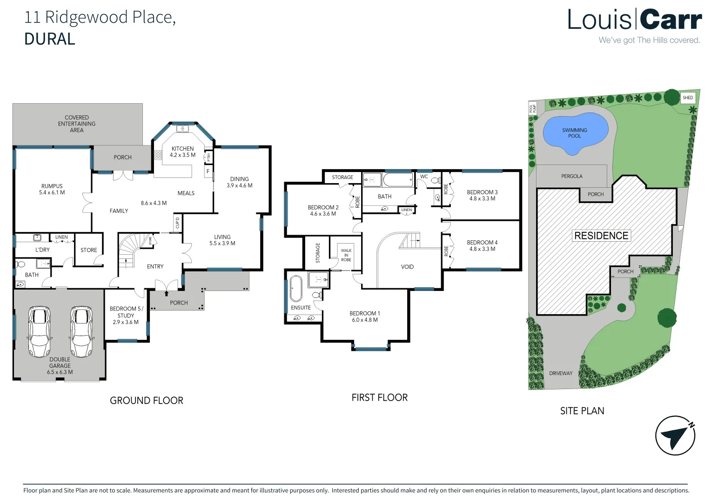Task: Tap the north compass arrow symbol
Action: tap(675, 436)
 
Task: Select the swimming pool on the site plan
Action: tap(575, 132)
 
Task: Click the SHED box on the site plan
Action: tap(688, 98)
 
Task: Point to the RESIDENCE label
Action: tap(601, 236)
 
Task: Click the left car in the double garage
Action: tap(39, 331)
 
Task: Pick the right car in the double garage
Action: tap(81, 331)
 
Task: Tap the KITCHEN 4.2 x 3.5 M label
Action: tap(182, 152)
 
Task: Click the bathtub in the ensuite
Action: tap(296, 289)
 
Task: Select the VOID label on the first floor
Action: tap(407, 267)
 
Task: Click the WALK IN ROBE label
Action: tap(346, 255)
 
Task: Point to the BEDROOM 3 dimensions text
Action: tap(482, 199)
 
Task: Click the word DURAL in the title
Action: tap(50, 39)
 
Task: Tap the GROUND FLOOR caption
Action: tap(147, 401)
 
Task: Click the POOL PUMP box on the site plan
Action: tap(532, 108)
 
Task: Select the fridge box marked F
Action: tap(208, 172)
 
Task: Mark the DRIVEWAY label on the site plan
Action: tap(561, 373)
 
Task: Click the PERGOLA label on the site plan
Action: tap(572, 176)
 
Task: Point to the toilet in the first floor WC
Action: tap(435, 180)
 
